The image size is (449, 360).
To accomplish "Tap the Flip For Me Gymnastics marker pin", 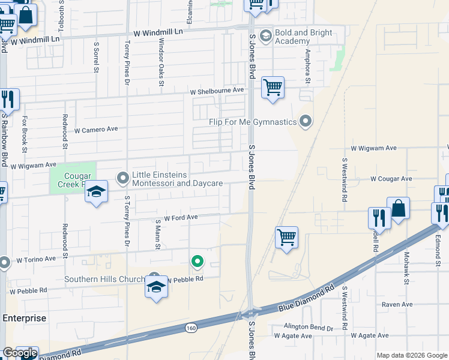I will click(306, 122).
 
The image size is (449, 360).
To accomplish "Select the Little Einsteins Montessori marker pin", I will click(123, 178).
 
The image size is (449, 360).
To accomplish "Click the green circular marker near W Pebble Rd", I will click(196, 261).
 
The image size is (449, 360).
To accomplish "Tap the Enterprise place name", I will click(23, 318).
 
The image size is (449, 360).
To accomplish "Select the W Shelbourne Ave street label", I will click(217, 91).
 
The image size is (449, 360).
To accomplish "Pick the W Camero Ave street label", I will click(96, 130).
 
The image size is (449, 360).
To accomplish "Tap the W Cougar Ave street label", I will click(391, 179).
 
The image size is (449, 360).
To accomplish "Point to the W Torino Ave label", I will click(36, 260).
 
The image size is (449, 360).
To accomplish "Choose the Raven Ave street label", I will click(397, 305).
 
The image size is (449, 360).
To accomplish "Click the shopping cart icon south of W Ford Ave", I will click(287, 237).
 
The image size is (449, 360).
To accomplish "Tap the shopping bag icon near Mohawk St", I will click(398, 208).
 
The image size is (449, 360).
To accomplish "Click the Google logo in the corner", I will click(20, 353).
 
